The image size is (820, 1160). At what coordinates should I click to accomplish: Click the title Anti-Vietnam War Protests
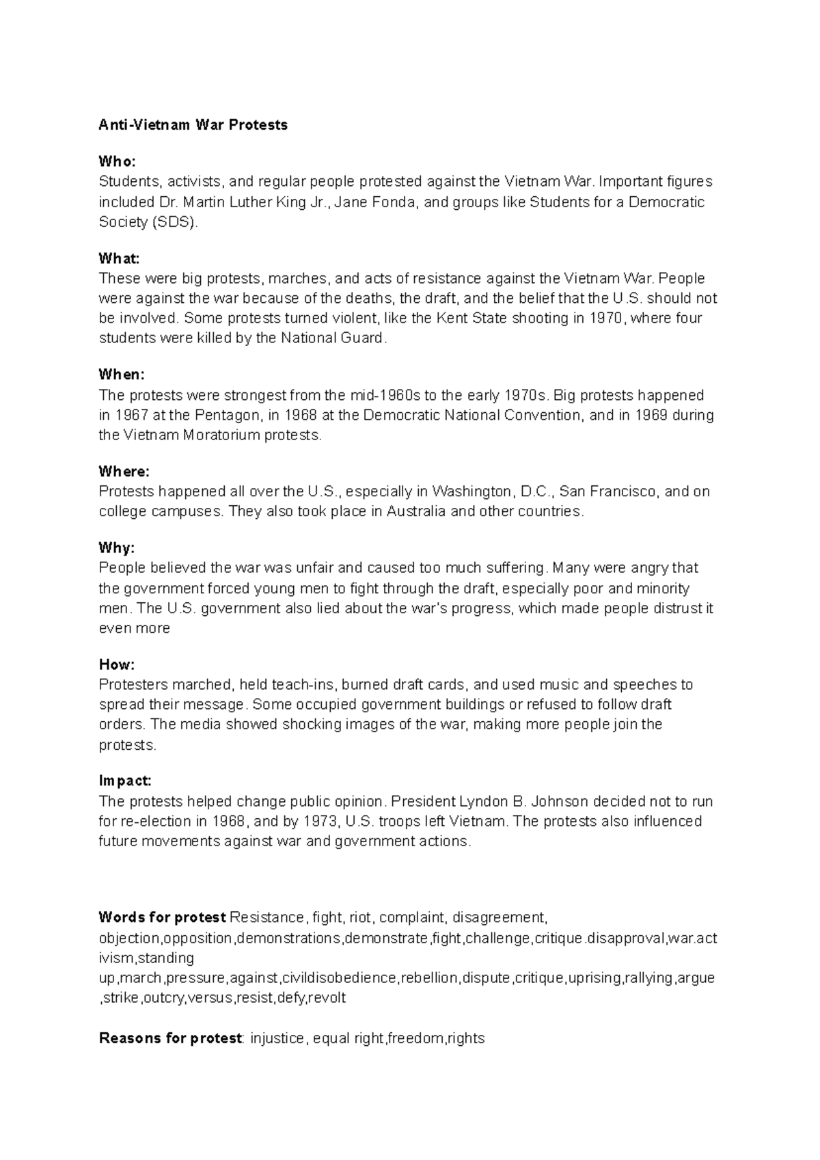point(193,125)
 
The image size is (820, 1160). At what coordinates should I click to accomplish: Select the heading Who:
point(117,161)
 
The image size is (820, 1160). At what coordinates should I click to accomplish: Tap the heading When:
point(122,375)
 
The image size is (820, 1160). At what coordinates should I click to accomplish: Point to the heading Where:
point(124,472)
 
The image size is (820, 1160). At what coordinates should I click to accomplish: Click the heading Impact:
point(125,781)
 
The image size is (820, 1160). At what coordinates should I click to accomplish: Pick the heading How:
point(117,664)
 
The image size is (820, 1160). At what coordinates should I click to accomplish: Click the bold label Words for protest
point(162,917)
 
